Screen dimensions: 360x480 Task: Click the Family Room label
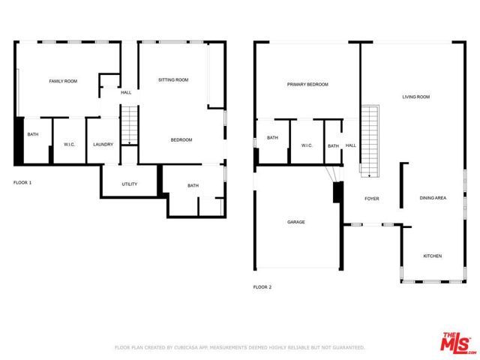[x=63, y=81]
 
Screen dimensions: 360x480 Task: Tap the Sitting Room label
[x=172, y=79]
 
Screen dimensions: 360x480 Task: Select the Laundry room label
[x=103, y=145]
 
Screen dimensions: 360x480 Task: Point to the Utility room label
[x=119, y=184]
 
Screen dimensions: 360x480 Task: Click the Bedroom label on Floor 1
[x=181, y=140]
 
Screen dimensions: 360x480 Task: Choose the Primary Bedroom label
[x=307, y=85]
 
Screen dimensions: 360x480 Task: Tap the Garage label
[x=295, y=222]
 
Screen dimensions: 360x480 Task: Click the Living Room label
[x=415, y=97]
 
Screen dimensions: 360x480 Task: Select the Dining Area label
[x=433, y=198]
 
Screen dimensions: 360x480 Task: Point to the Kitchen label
[x=433, y=256]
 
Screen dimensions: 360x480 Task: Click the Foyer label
[x=372, y=199]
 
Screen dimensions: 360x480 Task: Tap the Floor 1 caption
[x=23, y=183]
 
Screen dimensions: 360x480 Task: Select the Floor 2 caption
[x=262, y=287]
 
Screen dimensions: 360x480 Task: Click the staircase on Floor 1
[x=129, y=125]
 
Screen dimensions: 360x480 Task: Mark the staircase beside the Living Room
[x=367, y=140]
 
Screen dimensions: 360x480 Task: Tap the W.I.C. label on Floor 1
[x=68, y=145]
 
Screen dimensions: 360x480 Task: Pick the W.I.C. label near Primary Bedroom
[x=307, y=145]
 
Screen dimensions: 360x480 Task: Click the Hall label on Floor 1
[x=125, y=93]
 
